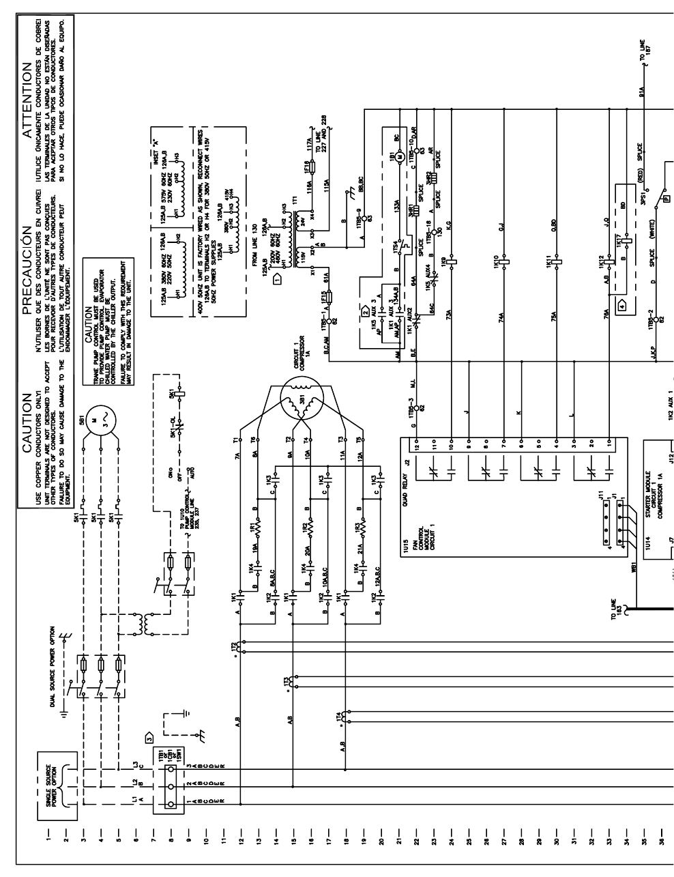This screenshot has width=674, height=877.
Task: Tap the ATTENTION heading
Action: click(27, 88)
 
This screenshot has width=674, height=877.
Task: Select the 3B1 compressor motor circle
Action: click(299, 399)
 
